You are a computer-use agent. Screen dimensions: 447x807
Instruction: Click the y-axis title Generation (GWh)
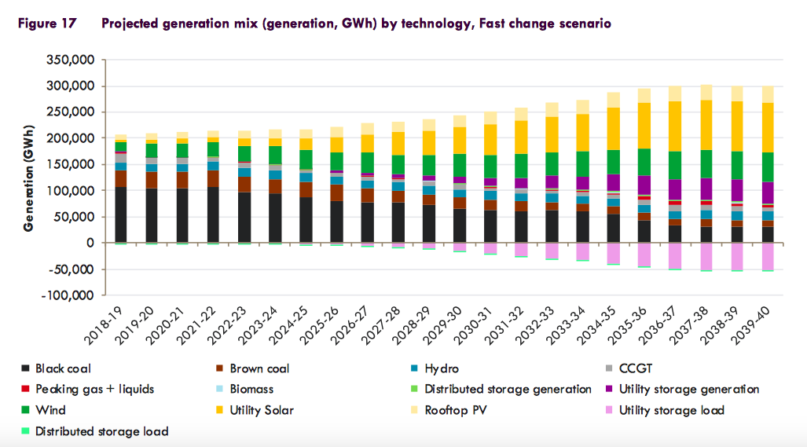click(x=28, y=177)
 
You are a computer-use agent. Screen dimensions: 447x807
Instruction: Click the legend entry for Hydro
click(x=442, y=368)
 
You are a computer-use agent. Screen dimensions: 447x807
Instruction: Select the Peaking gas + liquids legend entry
click(x=95, y=389)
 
